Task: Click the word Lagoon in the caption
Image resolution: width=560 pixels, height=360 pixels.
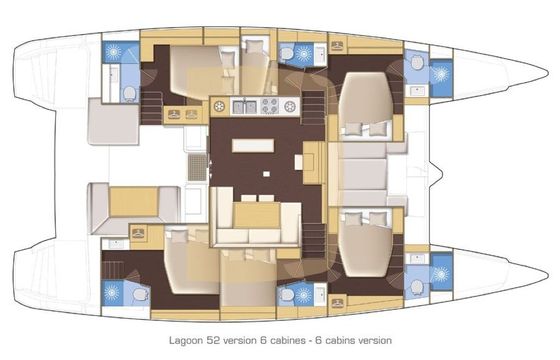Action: [x=185, y=340]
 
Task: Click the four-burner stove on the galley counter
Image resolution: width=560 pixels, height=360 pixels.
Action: [x=270, y=106]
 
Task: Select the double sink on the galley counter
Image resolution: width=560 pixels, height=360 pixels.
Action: [x=245, y=106]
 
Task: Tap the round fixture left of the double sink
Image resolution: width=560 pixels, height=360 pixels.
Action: [x=220, y=106]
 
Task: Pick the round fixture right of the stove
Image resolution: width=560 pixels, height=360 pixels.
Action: [x=290, y=106]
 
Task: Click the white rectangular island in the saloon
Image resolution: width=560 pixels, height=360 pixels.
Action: [x=253, y=146]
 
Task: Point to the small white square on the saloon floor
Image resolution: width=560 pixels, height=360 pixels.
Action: [x=266, y=174]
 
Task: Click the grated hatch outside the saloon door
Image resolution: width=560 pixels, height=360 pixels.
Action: [x=197, y=168]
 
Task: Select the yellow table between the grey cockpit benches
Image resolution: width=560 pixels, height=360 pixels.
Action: [x=134, y=202]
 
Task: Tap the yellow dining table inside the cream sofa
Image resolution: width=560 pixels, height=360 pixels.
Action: [x=257, y=215]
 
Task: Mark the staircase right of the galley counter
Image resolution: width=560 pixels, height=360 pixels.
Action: [x=313, y=107]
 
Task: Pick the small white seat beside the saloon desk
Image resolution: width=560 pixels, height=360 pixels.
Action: [x=299, y=162]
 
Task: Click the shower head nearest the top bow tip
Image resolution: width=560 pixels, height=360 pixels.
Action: [x=441, y=75]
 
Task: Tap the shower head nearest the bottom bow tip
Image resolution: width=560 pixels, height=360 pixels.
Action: [x=441, y=274]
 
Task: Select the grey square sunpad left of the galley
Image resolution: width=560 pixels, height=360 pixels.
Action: [x=113, y=121]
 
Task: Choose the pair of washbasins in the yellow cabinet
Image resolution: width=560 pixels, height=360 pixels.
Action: [x=182, y=114]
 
